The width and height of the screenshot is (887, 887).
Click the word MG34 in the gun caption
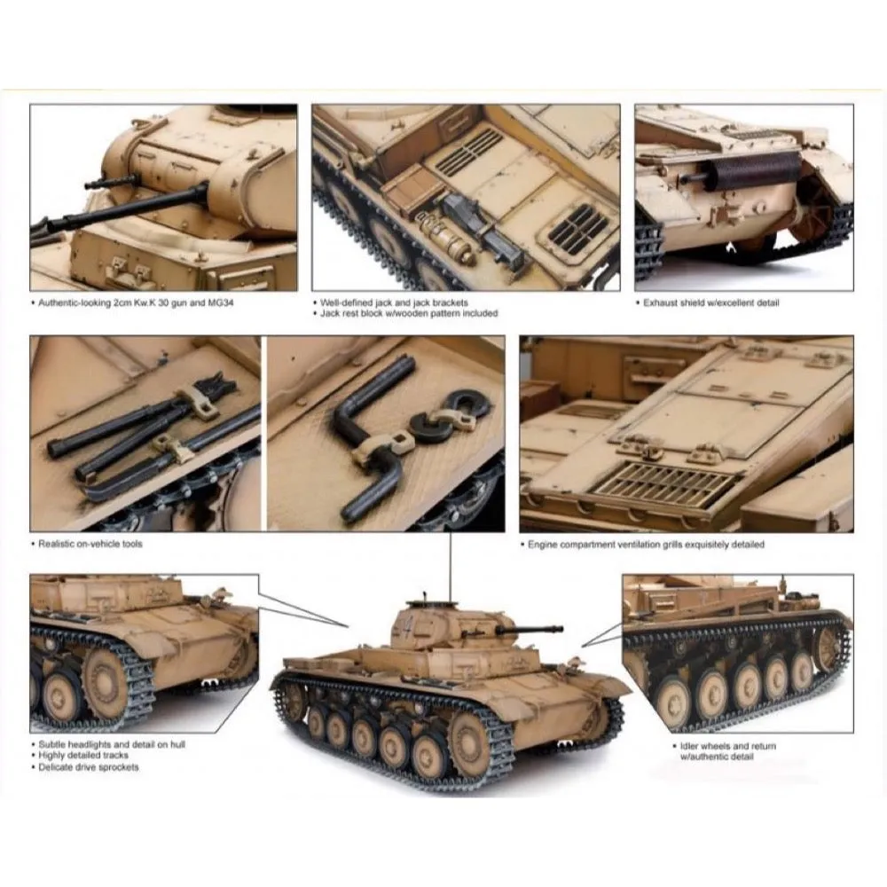[221, 302]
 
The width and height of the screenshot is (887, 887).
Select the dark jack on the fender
[483, 231]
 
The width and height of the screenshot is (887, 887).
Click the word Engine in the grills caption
[543, 545]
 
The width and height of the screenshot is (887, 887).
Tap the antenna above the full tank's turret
[451, 566]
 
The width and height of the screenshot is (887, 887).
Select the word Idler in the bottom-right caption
[689, 746]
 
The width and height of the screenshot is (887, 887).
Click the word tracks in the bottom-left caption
[116, 756]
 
